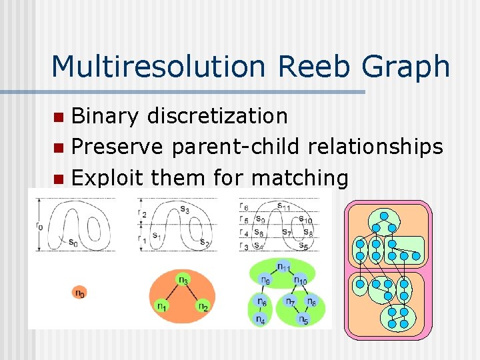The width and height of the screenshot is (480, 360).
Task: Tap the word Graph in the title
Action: [x=403, y=67]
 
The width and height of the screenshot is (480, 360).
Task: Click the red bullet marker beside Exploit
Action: [x=59, y=179]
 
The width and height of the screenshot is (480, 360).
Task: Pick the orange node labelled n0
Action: [x=79, y=292]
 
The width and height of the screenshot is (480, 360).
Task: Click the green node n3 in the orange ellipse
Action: [x=182, y=279]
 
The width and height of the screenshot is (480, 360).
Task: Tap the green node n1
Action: [x=161, y=306]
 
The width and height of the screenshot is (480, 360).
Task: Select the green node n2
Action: [x=202, y=306]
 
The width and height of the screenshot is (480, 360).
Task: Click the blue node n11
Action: [x=283, y=268]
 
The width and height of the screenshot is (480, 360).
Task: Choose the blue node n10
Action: [x=301, y=281]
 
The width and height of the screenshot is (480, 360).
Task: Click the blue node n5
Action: [x=303, y=319]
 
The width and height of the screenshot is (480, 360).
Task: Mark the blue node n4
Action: [x=261, y=319]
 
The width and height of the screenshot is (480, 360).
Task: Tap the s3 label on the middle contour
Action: [x=183, y=211]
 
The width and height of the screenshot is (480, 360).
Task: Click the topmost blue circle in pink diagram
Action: [x=384, y=215]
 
